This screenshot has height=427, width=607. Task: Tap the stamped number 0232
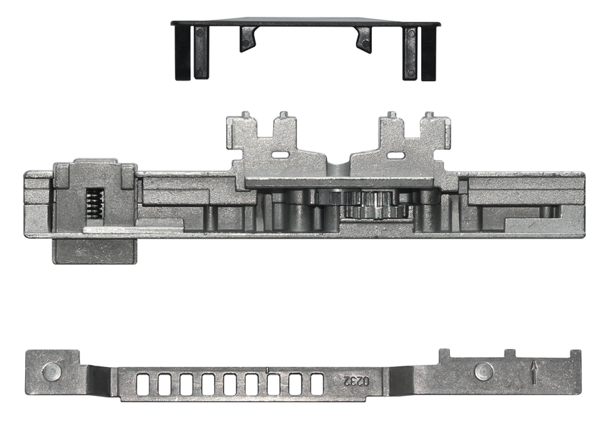click(x=356, y=381)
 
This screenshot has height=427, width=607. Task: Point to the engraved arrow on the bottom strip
click(x=534, y=372)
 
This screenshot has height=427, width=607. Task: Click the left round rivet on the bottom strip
click(x=52, y=372)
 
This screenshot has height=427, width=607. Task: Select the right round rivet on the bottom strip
click(x=484, y=372)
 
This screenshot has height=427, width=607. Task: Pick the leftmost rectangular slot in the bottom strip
click(x=143, y=385)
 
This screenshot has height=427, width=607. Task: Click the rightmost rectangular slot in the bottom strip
click(x=317, y=385)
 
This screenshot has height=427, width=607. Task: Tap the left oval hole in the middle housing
click(x=280, y=155)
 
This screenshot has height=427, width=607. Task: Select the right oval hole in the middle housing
click(x=395, y=155)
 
